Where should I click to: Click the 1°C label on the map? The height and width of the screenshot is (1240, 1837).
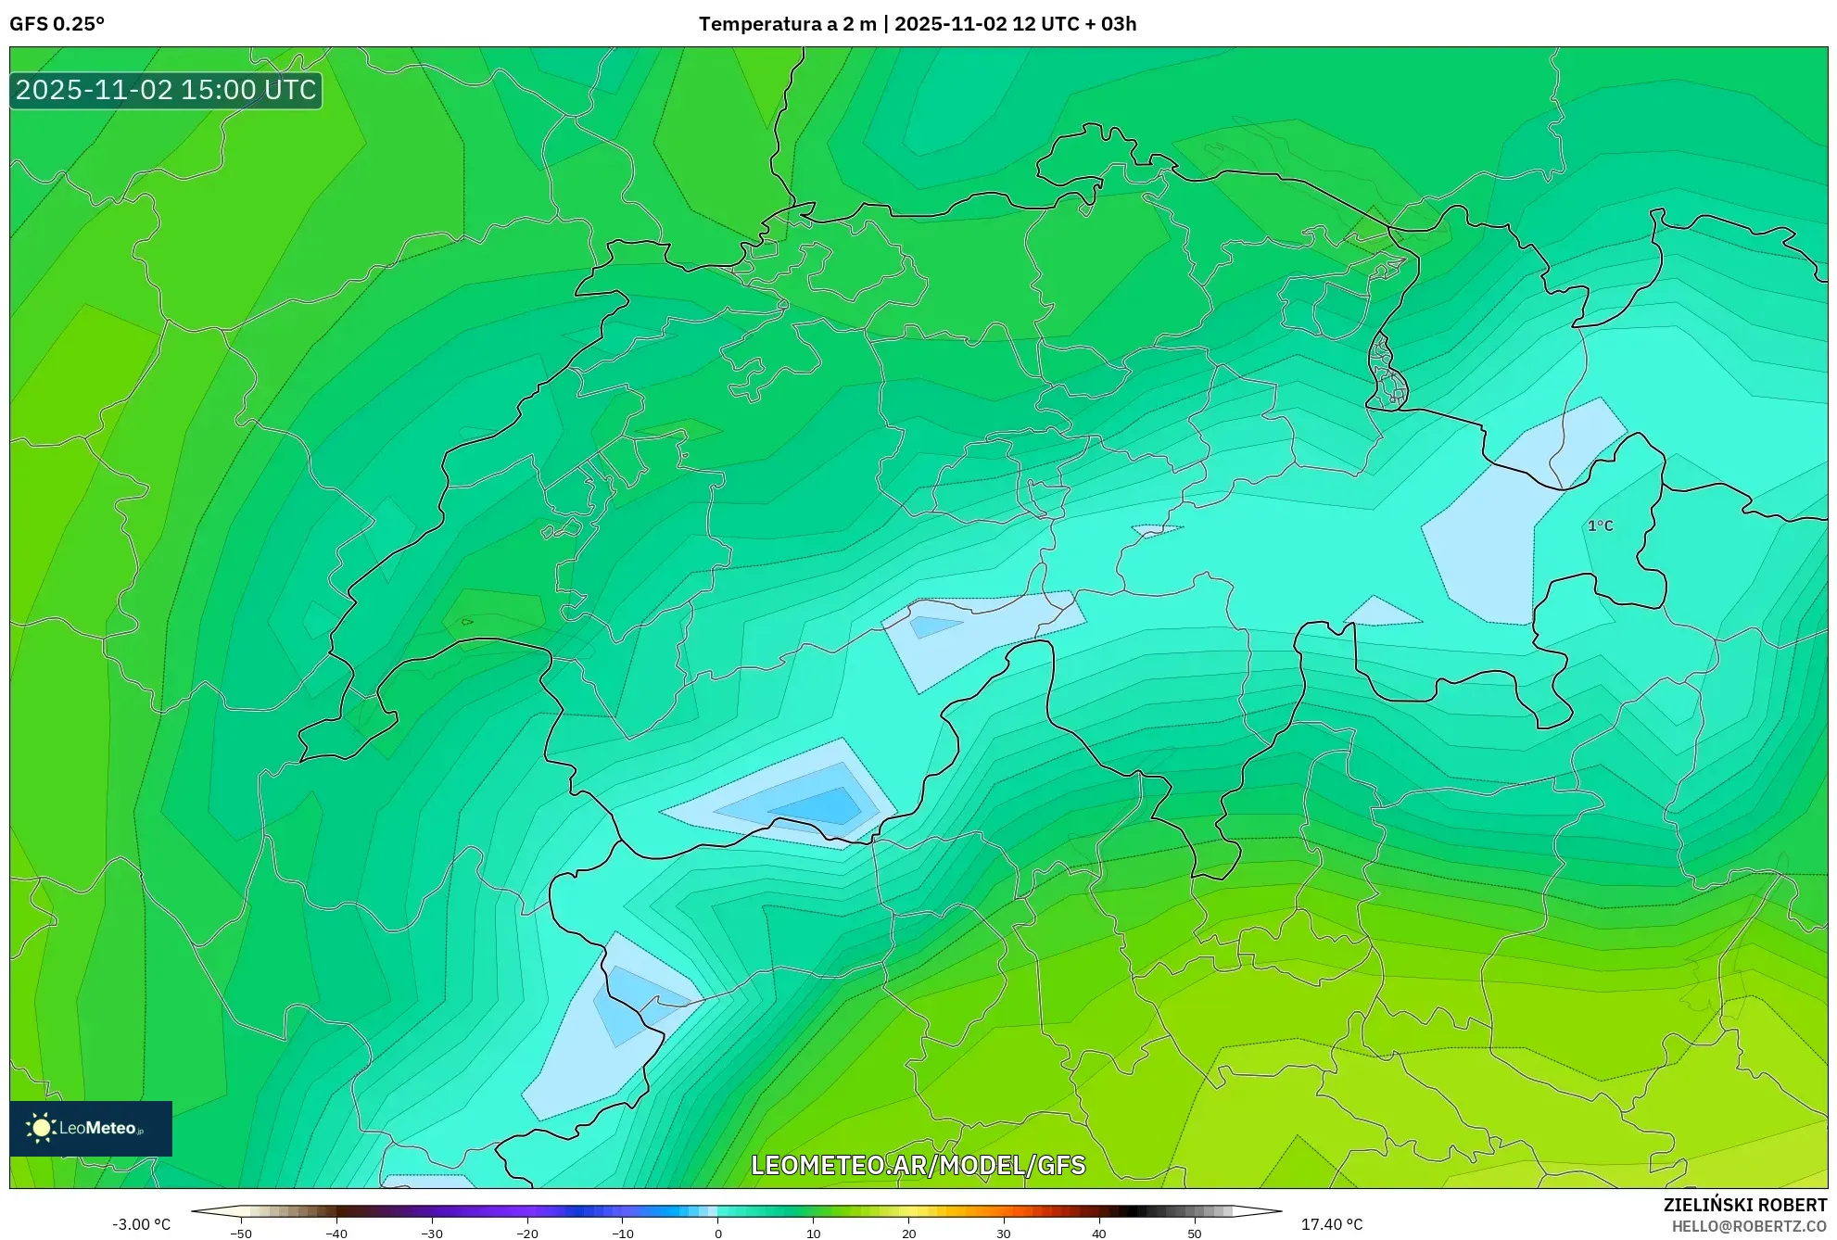coord(1600,525)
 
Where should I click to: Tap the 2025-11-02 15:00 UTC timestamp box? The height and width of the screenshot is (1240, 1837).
coord(166,90)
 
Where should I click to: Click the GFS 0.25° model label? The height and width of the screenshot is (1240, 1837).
coord(57,24)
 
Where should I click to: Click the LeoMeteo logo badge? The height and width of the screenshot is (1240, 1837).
coord(91,1128)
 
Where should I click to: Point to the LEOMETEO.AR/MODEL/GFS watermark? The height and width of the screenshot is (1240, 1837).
coord(918,1165)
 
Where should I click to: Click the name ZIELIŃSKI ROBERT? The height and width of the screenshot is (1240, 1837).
coord(1744,1205)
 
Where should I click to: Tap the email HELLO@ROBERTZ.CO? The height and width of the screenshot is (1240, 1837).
coord(1749,1226)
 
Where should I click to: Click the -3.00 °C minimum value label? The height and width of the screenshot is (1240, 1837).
coord(141,1224)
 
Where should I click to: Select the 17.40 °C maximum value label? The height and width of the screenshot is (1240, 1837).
coord(1332,1224)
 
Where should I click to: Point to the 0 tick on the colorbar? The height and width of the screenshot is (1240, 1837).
coord(718,1234)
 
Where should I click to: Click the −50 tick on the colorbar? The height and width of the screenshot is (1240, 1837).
coord(241,1234)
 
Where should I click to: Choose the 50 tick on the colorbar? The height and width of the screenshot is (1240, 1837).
coord(1195,1234)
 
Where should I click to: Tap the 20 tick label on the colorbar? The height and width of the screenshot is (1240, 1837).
coord(909,1234)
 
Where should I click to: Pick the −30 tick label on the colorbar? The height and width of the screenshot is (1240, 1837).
coord(432,1234)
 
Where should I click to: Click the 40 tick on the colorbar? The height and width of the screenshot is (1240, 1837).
coord(1099,1234)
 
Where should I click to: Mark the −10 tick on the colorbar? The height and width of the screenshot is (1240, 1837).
coord(623,1234)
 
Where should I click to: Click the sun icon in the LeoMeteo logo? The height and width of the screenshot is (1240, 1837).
coord(41,1128)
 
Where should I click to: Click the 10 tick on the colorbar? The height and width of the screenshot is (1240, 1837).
coord(814,1234)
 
